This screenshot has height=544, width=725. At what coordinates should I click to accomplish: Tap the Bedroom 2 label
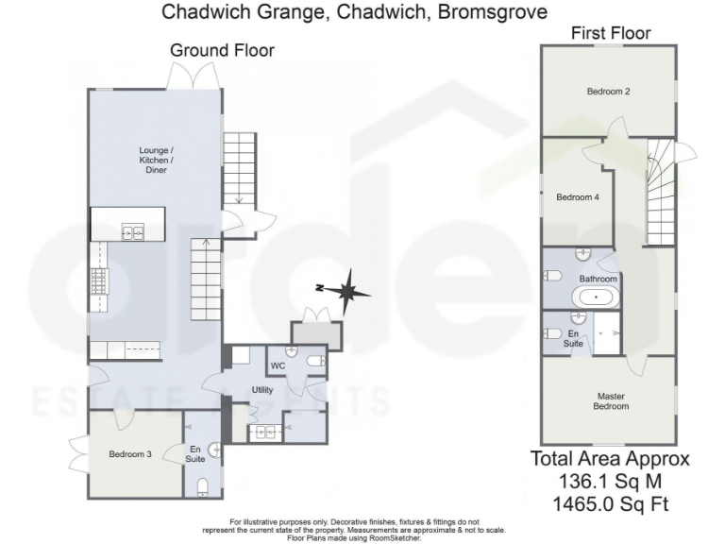608,92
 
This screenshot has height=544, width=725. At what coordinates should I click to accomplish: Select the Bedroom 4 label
577,197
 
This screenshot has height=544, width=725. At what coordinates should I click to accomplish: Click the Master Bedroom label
611,400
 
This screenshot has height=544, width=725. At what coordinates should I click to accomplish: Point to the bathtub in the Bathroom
596,297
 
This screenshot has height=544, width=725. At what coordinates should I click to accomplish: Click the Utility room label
261,390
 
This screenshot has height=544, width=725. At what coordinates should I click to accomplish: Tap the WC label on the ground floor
278,365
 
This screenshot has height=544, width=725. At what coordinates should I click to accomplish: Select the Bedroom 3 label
130,454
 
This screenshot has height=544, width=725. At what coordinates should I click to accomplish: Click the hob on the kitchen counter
98,280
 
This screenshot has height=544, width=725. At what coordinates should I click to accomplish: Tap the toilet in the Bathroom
553,276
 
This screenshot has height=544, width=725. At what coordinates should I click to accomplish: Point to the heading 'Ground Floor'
222,50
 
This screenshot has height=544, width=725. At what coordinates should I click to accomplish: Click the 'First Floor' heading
611,33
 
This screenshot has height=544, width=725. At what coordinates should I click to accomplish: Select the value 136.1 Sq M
610,482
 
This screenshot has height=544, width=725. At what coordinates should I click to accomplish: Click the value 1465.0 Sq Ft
610,504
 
